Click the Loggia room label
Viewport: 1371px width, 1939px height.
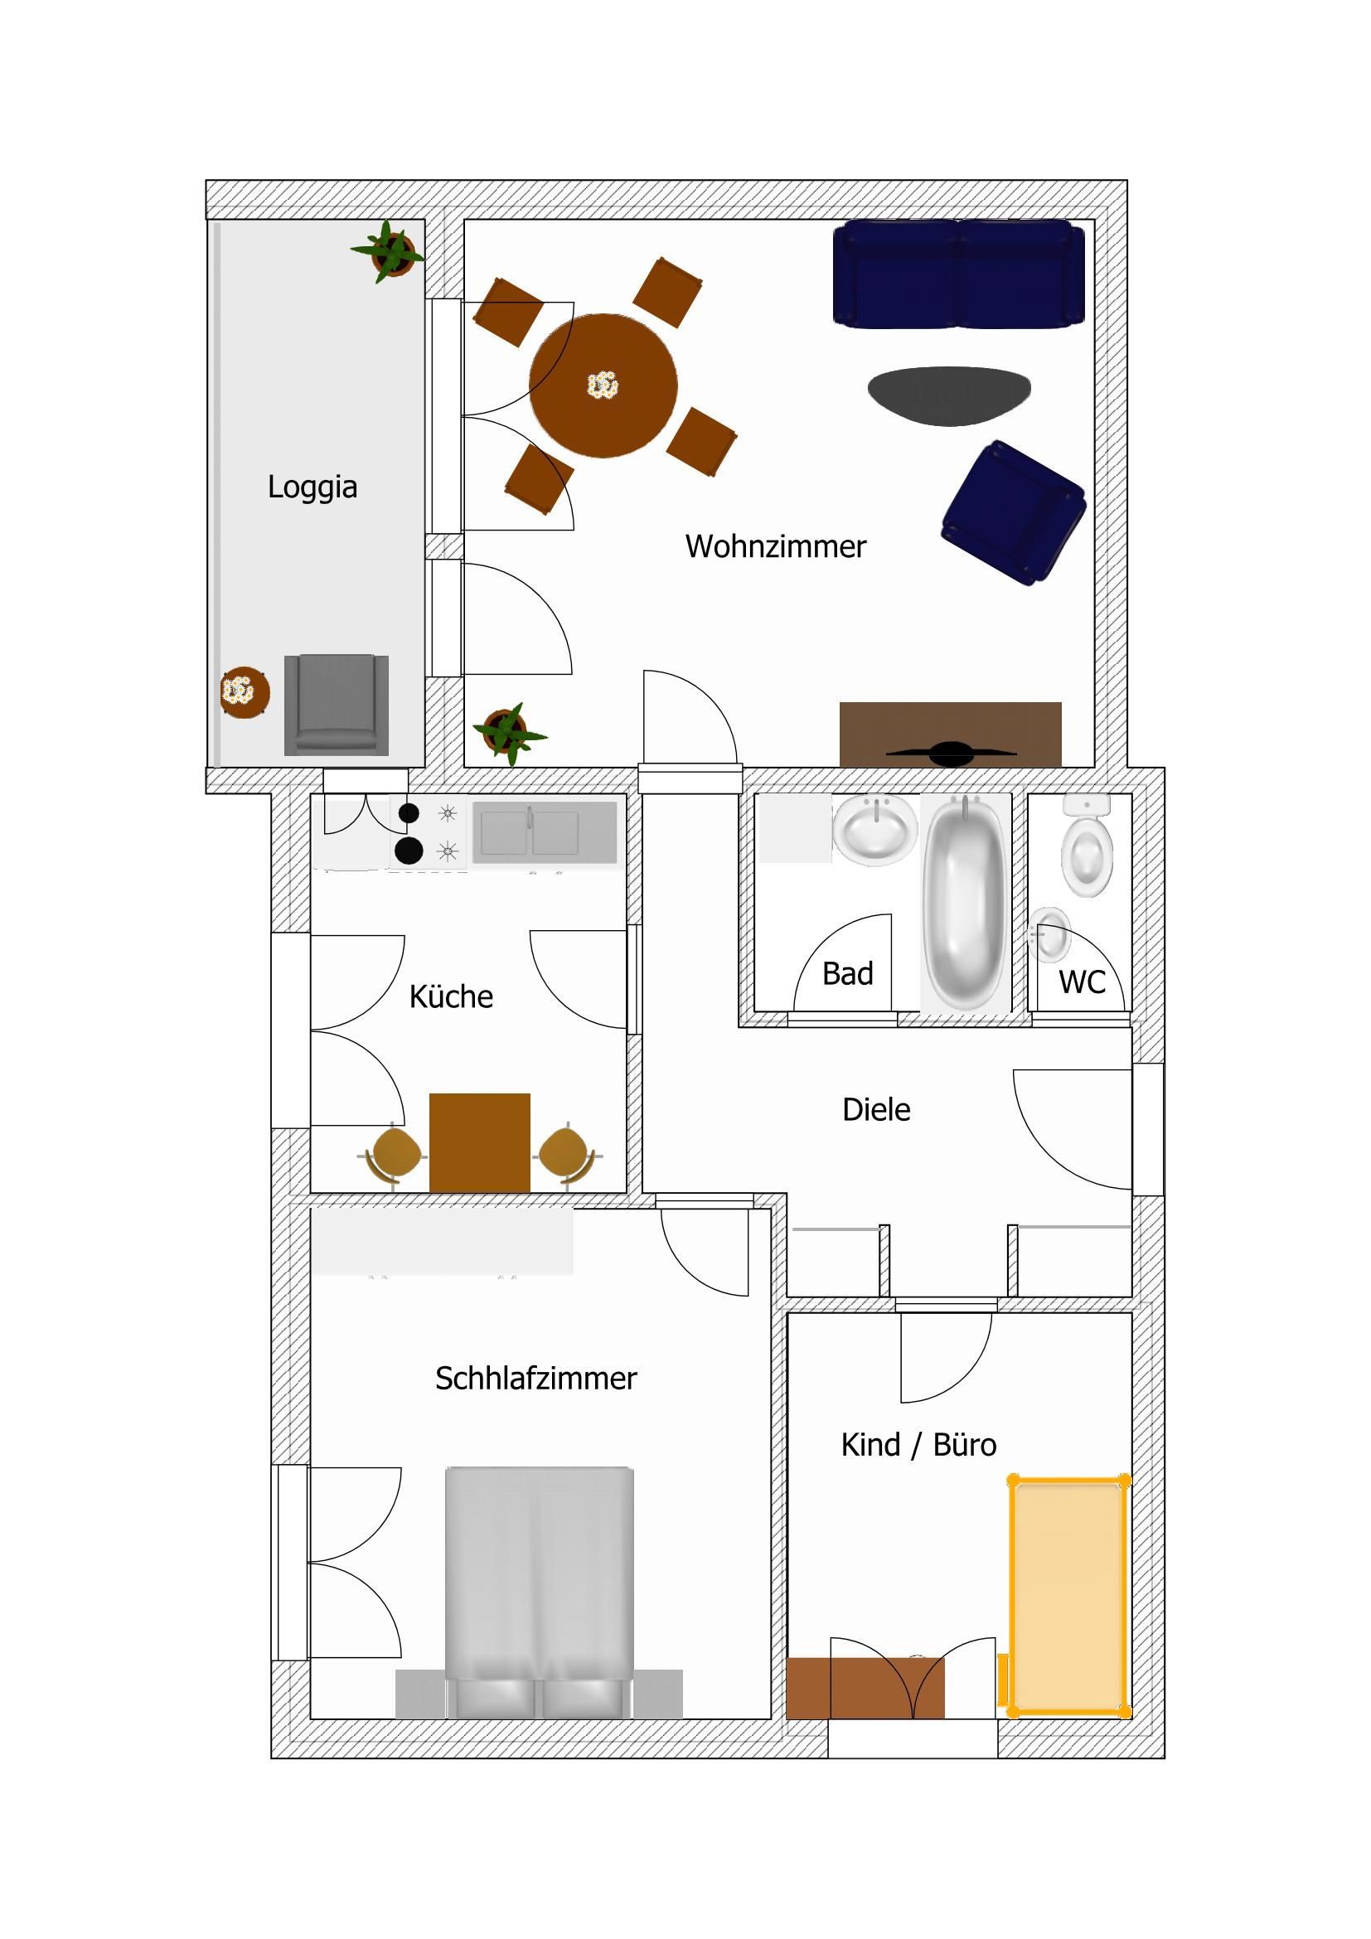[x=312, y=487]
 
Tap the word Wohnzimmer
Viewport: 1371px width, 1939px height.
[x=775, y=546]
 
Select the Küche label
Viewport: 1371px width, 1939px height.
[x=451, y=996]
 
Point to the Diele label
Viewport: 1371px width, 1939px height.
[x=876, y=1110]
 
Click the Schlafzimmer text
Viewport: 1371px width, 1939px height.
[x=535, y=1379]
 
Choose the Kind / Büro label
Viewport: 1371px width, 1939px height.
[x=918, y=1445]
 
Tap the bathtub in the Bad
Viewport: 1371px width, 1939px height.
[x=965, y=901]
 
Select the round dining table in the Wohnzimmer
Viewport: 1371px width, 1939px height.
[x=603, y=386]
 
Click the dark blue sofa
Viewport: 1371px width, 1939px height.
[x=958, y=273]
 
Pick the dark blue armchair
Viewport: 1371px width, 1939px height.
[x=1013, y=512]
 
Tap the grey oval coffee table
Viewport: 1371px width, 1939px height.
[x=949, y=396]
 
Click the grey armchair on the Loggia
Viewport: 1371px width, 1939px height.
[x=336, y=705]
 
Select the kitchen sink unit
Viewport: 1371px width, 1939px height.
[x=545, y=832]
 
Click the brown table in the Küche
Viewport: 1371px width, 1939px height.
[x=479, y=1142]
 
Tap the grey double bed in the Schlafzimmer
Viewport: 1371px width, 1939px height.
[x=540, y=1592]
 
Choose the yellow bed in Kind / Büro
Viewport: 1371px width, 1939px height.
[x=1068, y=1596]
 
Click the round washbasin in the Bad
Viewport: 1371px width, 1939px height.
[x=875, y=830]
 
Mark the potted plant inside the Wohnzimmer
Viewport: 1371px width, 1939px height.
[x=509, y=732]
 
